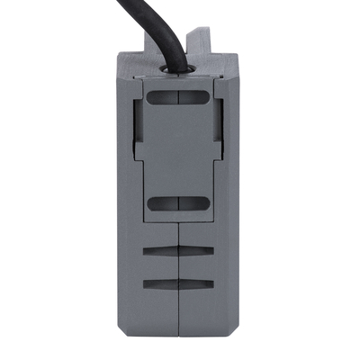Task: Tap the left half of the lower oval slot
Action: click(x=162, y=205)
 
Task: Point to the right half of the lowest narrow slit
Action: click(x=199, y=285)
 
